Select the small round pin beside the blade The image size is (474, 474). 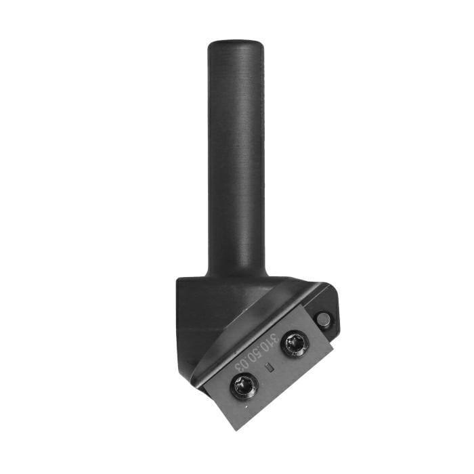[x=322, y=319]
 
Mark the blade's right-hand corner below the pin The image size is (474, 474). [x=333, y=350]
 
